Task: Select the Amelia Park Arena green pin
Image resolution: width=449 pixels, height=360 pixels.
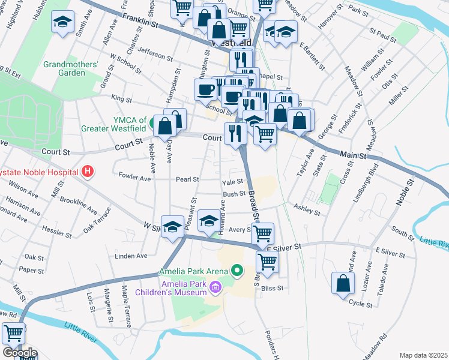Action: pyautogui.click(x=237, y=272)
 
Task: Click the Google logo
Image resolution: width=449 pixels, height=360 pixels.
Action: pyautogui.click(x=19, y=353)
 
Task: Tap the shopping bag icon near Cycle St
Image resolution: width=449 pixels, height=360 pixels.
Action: pyautogui.click(x=342, y=283)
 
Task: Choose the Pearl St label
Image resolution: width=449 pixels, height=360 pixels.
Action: pyautogui.click(x=187, y=179)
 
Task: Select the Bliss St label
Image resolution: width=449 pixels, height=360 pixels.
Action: pyautogui.click(x=271, y=288)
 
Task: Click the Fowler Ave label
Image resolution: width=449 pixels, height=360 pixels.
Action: pyautogui.click(x=134, y=178)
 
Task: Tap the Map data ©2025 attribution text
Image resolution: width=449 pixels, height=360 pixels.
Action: pyautogui.click(x=423, y=355)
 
